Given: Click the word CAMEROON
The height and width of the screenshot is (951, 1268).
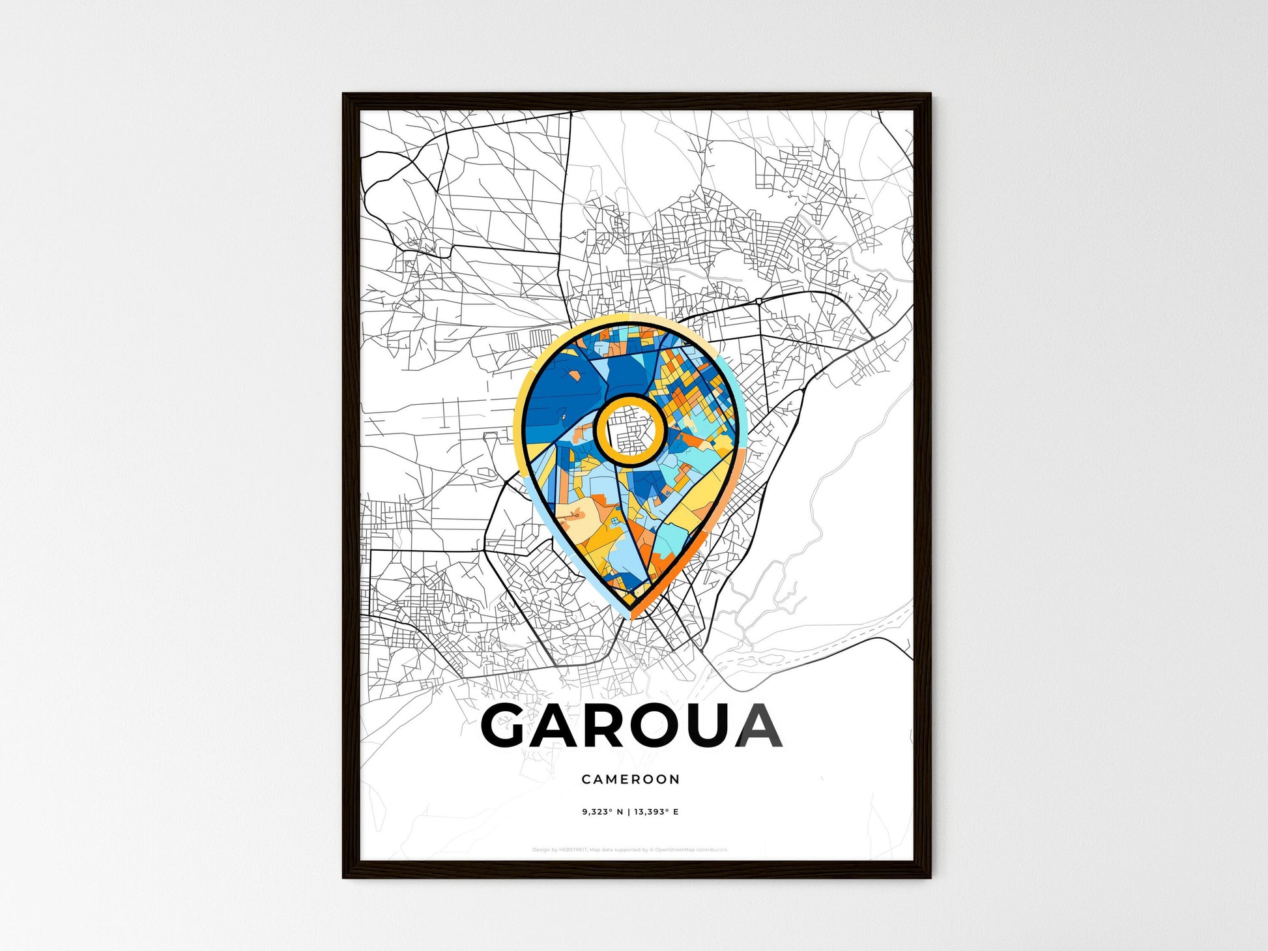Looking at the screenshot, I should click(630, 779).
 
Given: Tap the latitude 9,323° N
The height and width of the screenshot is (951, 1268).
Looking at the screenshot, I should click(603, 812).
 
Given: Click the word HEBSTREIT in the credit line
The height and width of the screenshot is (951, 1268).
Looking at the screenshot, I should click(573, 850).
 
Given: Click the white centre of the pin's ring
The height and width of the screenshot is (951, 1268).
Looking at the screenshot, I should click(630, 430).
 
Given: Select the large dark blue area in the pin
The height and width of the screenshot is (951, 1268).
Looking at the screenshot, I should click(560, 391).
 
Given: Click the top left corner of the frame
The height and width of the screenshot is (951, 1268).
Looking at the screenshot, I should click(345, 95).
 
